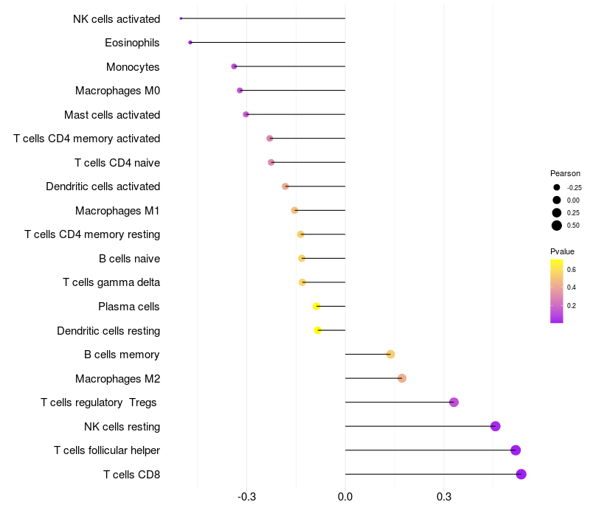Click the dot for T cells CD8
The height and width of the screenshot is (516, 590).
[521, 474]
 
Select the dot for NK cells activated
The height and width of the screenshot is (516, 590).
[181, 18]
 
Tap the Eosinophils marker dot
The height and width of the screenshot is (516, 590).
[190, 42]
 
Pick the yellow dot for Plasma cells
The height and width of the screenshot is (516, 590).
[316, 306]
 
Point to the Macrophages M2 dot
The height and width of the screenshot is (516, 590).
[402, 378]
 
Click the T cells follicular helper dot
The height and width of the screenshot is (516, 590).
[516, 450]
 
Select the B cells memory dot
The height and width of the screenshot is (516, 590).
[391, 355]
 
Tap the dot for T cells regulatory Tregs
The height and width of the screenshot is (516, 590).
[454, 402]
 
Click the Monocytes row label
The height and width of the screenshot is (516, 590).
[133, 67]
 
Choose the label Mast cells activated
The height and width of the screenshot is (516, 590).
[112, 115]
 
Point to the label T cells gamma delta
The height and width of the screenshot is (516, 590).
[111, 282]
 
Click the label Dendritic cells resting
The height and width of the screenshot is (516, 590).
[108, 331]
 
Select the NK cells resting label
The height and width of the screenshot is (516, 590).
[122, 427]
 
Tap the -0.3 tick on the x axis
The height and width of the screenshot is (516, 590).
[246, 497]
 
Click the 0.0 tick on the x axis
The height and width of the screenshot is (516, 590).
[345, 497]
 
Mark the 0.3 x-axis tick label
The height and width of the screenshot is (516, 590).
[444, 497]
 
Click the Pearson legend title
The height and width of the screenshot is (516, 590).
[565, 173]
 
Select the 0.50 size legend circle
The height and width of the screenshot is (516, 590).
[557, 226]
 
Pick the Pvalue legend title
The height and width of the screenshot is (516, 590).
[562, 251]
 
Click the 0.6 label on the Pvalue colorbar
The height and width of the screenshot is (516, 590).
[572, 270]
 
